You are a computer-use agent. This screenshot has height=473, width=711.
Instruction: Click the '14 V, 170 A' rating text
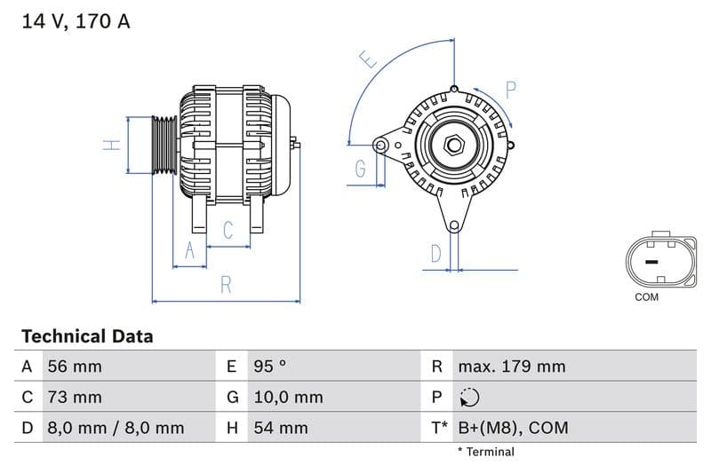(76, 21)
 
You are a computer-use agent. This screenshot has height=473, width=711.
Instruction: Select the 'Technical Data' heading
(87, 336)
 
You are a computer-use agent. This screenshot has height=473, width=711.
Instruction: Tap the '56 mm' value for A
(75, 367)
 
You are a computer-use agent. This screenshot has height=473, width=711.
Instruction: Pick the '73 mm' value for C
(75, 398)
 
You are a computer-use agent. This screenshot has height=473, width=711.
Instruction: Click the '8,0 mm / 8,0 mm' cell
(115, 428)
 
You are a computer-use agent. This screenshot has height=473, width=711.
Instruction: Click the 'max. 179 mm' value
(511, 367)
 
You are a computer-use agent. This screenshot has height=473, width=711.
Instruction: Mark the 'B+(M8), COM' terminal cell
(513, 428)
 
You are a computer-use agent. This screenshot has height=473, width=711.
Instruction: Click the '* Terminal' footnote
(485, 452)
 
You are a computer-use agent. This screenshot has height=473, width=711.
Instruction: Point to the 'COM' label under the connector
(646, 297)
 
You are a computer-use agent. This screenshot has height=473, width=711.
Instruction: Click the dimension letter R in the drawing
(226, 285)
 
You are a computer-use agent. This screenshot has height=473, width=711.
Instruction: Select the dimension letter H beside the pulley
(111, 145)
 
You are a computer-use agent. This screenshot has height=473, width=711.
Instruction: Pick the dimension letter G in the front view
(361, 168)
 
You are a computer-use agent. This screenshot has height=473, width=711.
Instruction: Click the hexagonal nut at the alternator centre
(453, 144)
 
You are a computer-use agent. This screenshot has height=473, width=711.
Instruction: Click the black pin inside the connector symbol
(651, 262)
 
